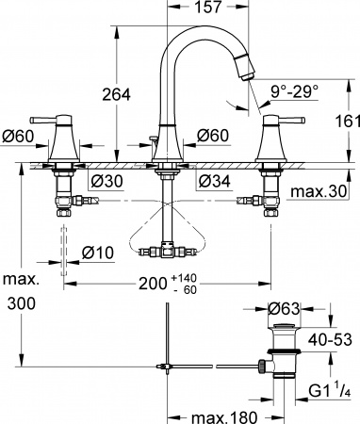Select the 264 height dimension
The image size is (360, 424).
(114, 94)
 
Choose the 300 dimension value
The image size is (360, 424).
(20, 304)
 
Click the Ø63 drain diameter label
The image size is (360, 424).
(284, 307)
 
